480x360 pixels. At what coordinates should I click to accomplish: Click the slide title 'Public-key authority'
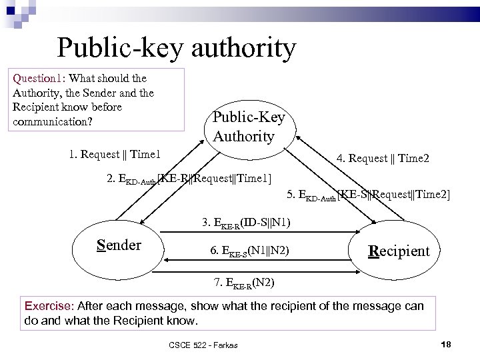coord(176,48)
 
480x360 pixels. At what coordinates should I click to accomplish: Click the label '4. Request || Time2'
coord(383,158)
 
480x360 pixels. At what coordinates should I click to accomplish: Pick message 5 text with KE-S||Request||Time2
coord(368,195)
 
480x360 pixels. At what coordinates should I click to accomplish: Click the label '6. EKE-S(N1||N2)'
coord(249,251)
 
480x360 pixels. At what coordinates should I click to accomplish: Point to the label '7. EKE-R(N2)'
coord(244,282)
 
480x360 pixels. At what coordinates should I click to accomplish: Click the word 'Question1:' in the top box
coord(38,78)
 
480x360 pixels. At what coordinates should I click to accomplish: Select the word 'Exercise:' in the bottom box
coord(49,306)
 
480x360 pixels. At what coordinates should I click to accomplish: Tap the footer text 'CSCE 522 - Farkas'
coord(203,344)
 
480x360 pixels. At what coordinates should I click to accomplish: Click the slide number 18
coord(447,343)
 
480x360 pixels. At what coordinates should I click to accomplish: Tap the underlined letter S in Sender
coord(101,245)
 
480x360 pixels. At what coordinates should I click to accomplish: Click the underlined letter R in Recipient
coord(373,251)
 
